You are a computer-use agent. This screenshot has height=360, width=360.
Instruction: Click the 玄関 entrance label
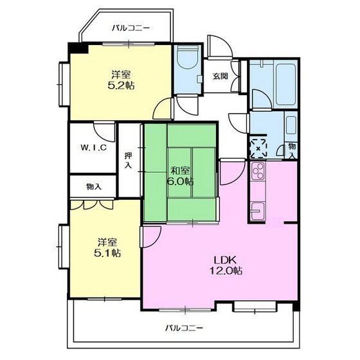coord(220,76)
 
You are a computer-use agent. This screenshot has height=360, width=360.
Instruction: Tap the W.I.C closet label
coord(93,147)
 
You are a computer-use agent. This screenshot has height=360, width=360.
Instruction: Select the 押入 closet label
coord(128,160)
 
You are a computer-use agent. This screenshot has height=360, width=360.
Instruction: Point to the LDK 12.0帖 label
coord(226,265)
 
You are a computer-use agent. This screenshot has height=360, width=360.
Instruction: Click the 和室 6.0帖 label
coord(180,176)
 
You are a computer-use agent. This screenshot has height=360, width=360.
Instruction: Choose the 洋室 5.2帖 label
coord(121,80)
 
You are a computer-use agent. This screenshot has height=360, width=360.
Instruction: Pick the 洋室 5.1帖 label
coord(107,248)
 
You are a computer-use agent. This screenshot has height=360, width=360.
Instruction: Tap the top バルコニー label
coord(131,28)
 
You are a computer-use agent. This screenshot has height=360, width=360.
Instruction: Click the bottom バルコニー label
coord(184,328)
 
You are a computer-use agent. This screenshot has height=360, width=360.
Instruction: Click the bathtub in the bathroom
coord(285,84)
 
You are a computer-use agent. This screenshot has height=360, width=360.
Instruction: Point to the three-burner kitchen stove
coord(258,171)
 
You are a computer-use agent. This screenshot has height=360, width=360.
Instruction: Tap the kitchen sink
coord(258,211)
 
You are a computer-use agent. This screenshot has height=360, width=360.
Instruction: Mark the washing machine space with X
coord(258,148)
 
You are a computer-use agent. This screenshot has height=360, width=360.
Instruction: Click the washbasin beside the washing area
coord(291,125)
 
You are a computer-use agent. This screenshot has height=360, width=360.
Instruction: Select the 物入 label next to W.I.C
coord(94,186)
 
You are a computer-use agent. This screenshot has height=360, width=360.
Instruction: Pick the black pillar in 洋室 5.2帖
coord(78,48)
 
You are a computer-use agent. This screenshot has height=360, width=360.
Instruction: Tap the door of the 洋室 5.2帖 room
coord(163,109)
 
